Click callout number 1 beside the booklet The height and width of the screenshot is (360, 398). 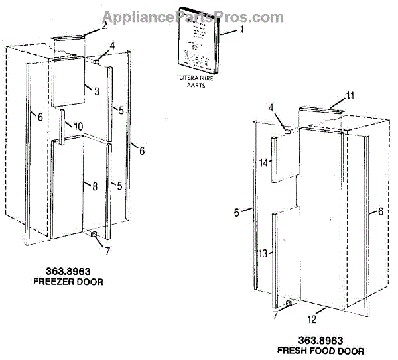[243, 30]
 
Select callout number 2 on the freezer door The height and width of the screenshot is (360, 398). [105, 25]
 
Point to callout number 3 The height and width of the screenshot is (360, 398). [97, 91]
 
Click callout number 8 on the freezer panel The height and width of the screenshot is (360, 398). [95, 187]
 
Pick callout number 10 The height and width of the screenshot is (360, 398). [78, 126]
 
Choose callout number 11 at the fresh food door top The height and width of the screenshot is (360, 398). [350, 97]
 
